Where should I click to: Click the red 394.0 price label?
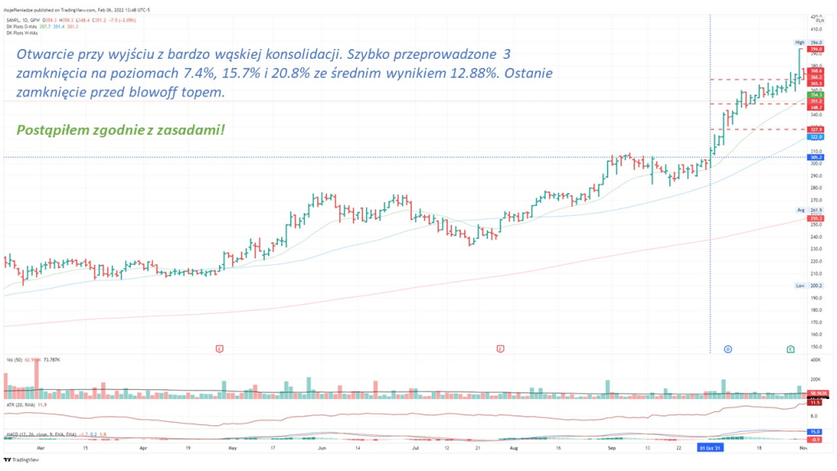click(x=816, y=49)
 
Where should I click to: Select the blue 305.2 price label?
click(x=816, y=157)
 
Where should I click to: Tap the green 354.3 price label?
click(x=816, y=96)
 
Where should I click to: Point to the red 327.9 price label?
click(x=816, y=129)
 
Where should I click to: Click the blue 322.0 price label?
click(x=816, y=137)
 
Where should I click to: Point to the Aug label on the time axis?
click(x=513, y=448)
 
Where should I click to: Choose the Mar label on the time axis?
click(x=39, y=448)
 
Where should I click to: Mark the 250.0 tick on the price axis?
click(x=816, y=224)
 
